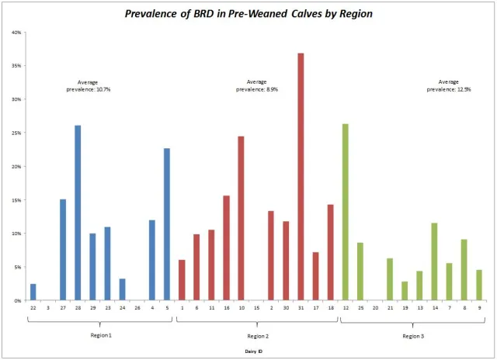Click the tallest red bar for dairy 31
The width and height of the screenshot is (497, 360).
[301, 177]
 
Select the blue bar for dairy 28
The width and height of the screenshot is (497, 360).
[78, 213]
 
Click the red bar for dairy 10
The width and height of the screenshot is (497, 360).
[241, 218]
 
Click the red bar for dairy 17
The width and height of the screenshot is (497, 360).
[315, 276]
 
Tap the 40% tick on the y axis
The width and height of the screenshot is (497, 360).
[16, 33]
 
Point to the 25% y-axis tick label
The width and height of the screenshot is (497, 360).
[16, 133]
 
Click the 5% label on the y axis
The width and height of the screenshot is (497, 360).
[18, 267]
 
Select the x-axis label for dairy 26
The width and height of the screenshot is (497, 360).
[137, 308]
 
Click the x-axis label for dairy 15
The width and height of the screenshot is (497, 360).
[256, 308]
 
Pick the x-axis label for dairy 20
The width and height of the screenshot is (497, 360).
[375, 308]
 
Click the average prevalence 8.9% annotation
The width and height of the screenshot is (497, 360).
[257, 85]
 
